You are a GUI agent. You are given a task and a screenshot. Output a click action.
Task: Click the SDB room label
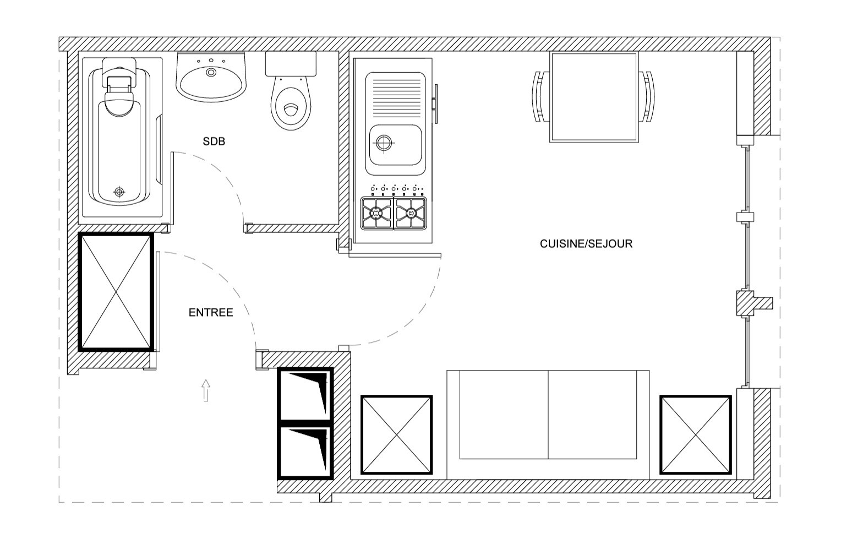[214, 142]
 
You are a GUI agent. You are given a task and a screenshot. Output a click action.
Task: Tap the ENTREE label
[211, 313]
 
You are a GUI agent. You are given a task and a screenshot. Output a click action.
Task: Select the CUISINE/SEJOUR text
[586, 244]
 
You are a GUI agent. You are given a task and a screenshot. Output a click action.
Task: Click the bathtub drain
[119, 192]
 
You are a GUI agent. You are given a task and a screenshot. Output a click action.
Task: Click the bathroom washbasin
[211, 78]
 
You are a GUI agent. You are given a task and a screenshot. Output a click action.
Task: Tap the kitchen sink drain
[384, 143]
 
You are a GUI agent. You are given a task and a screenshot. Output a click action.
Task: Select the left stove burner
[376, 214]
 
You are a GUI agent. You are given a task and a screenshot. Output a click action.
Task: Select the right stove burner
[411, 214]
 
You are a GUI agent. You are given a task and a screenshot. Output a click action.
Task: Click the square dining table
[594, 97]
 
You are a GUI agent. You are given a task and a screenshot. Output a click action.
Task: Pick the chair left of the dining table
[540, 96]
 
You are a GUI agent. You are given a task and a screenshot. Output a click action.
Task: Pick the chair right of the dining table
[647, 96]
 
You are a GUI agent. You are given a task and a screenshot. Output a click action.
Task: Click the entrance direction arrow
[206, 390]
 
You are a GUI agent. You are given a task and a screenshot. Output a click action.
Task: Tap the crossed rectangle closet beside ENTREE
[116, 292]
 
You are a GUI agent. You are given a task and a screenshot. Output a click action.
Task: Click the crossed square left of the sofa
[396, 435]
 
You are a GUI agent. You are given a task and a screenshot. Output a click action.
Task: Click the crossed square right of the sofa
[696, 435]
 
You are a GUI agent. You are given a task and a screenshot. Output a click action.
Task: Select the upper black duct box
[305, 394]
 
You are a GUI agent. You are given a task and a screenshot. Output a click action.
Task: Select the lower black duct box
[305, 451]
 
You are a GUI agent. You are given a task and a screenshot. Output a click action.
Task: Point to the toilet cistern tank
[291, 64]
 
